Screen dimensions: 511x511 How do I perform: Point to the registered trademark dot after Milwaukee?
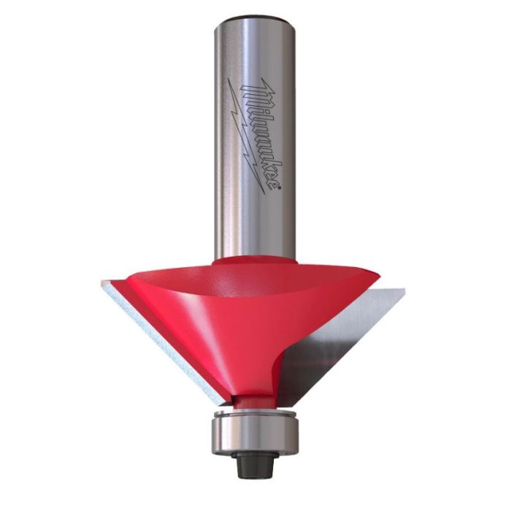[279, 186]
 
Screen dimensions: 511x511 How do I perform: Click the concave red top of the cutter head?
[247, 283]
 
